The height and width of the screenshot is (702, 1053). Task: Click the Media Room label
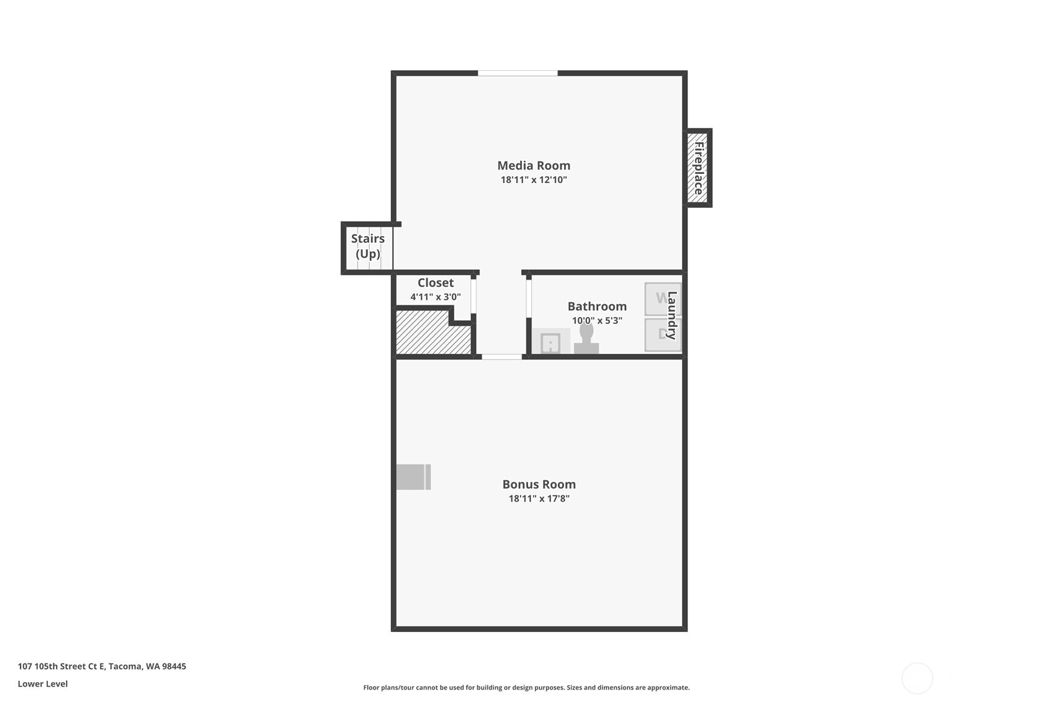533,166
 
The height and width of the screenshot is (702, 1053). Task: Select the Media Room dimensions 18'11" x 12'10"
534,180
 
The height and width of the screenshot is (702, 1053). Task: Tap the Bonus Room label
539,484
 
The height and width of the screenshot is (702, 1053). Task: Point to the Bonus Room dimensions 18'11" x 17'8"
539,498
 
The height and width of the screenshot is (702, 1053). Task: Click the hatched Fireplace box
698,168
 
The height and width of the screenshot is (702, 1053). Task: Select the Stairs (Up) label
368,246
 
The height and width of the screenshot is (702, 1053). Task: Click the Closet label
435,283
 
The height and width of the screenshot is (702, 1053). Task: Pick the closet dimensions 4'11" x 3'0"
435,297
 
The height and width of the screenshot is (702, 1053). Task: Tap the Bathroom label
597,307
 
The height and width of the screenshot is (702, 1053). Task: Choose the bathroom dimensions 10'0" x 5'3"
597,321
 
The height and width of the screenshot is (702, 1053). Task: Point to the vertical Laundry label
672,315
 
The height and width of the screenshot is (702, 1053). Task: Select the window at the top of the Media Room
518,73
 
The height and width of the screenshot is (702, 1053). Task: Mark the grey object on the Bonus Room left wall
413,477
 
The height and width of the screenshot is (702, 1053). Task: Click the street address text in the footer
102,667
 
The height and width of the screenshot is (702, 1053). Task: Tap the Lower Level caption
43,684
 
